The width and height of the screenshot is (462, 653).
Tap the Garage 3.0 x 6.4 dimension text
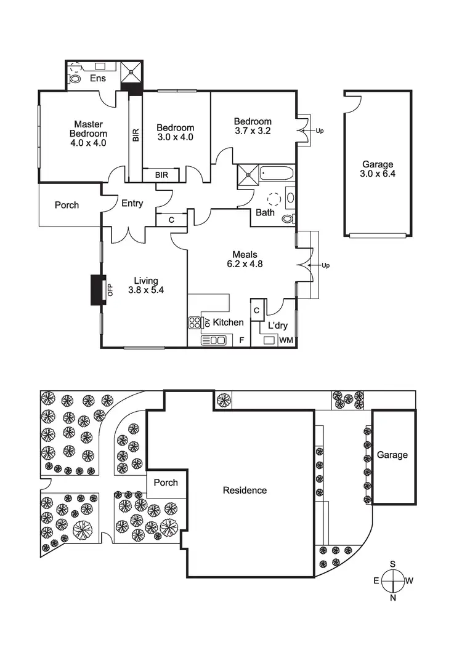pyautogui.click(x=377, y=174)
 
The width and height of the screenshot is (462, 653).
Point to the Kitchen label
pyautogui.click(x=228, y=322)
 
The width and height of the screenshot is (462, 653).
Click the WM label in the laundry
pyautogui.click(x=286, y=340)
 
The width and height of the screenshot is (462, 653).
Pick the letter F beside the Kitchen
pyautogui.click(x=241, y=340)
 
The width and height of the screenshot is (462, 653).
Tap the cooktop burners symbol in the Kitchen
pyautogui.click(x=195, y=322)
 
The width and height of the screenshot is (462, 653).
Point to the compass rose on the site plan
pyautogui.click(x=392, y=580)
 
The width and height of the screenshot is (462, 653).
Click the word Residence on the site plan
pyautogui.click(x=245, y=491)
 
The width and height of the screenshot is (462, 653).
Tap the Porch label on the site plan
pyautogui.click(x=166, y=483)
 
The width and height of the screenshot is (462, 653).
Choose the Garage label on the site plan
pyautogui.click(x=392, y=455)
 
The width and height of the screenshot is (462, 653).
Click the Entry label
pyautogui.click(x=132, y=204)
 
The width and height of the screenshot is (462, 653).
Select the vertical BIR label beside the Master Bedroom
pyautogui.click(x=136, y=136)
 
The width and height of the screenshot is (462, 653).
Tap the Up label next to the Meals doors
pyautogui.click(x=326, y=265)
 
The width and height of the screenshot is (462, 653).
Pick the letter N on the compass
pyautogui.click(x=392, y=598)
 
